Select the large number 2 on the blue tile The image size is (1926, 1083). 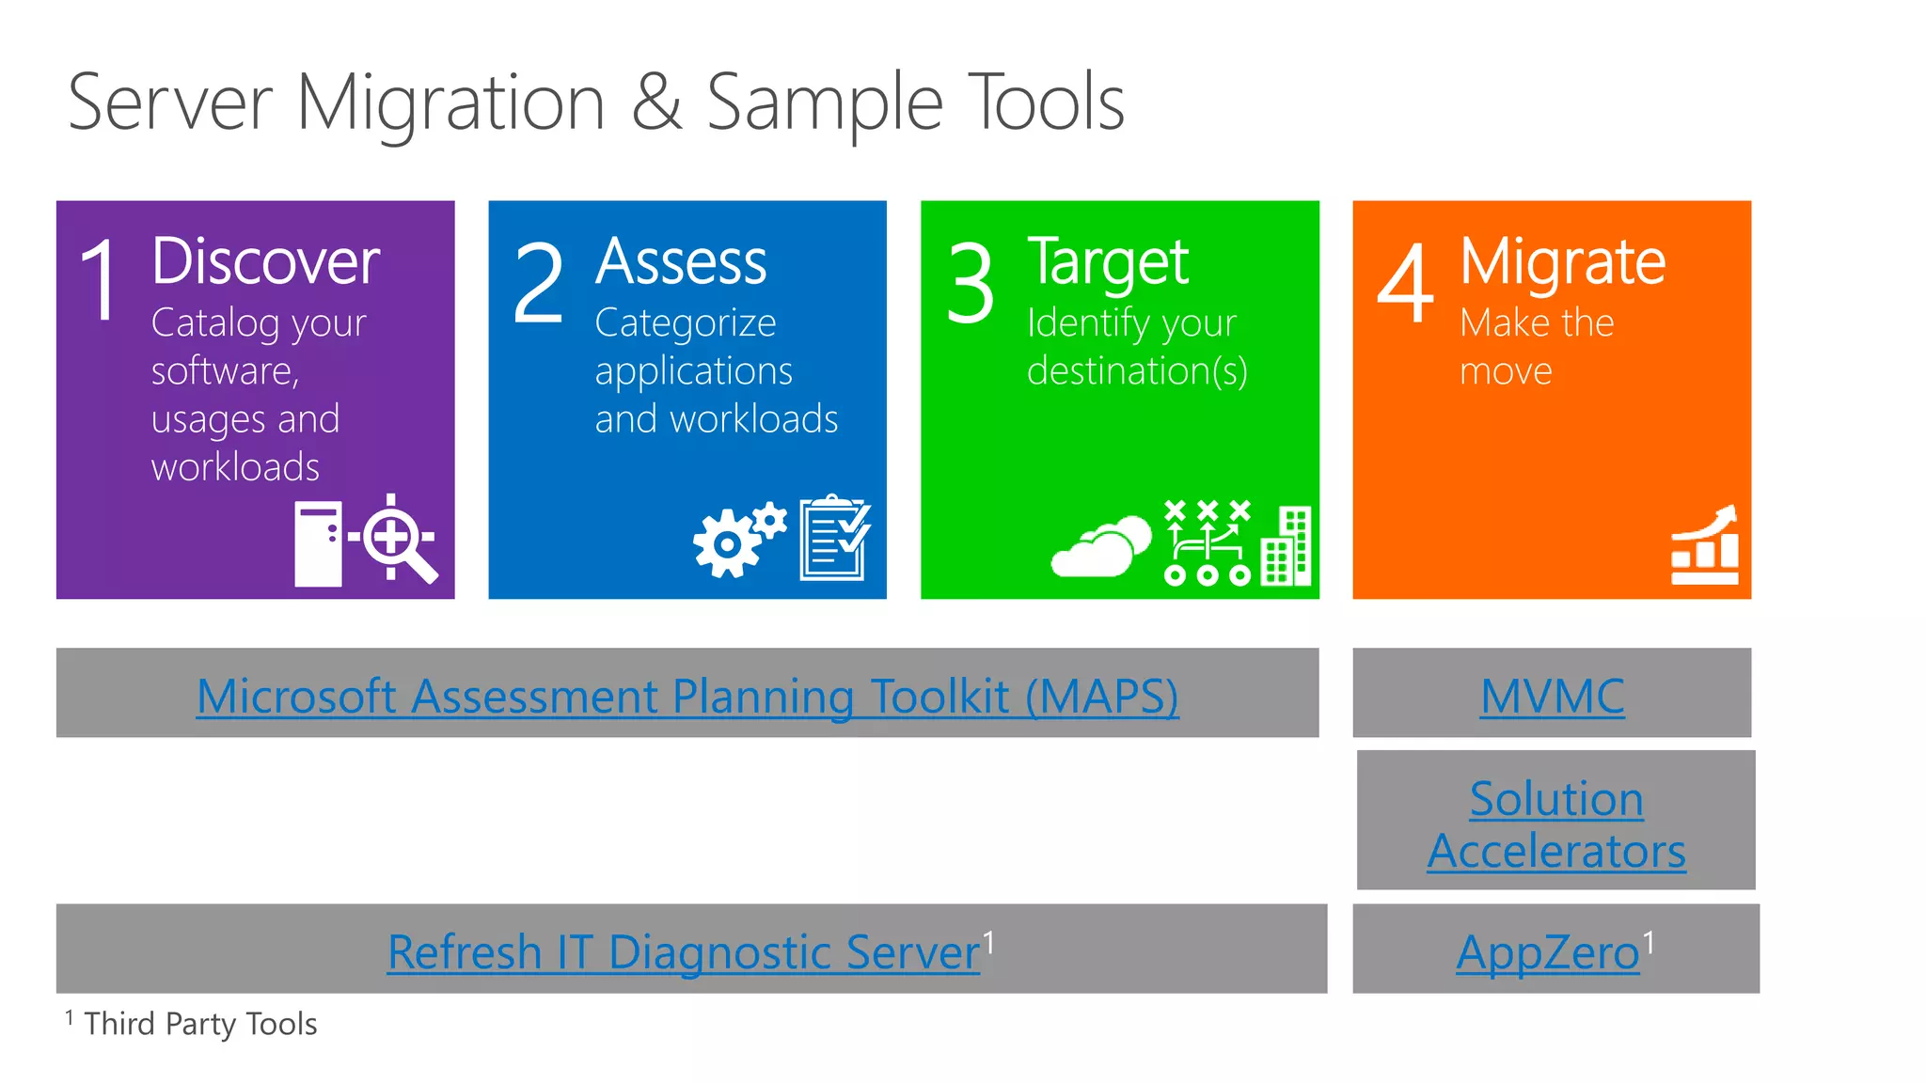tap(538, 282)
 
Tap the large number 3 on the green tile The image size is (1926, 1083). tap(970, 282)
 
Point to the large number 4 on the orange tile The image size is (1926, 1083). tap(1405, 282)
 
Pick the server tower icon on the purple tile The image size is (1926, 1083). tap(318, 543)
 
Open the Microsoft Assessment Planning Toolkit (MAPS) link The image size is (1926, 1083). tap(687, 697)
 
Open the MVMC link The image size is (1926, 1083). tap(1552, 697)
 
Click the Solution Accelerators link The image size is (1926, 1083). tap(1555, 824)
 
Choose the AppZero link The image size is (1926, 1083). tap(1548, 952)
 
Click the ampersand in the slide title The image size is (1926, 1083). tap(656, 103)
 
